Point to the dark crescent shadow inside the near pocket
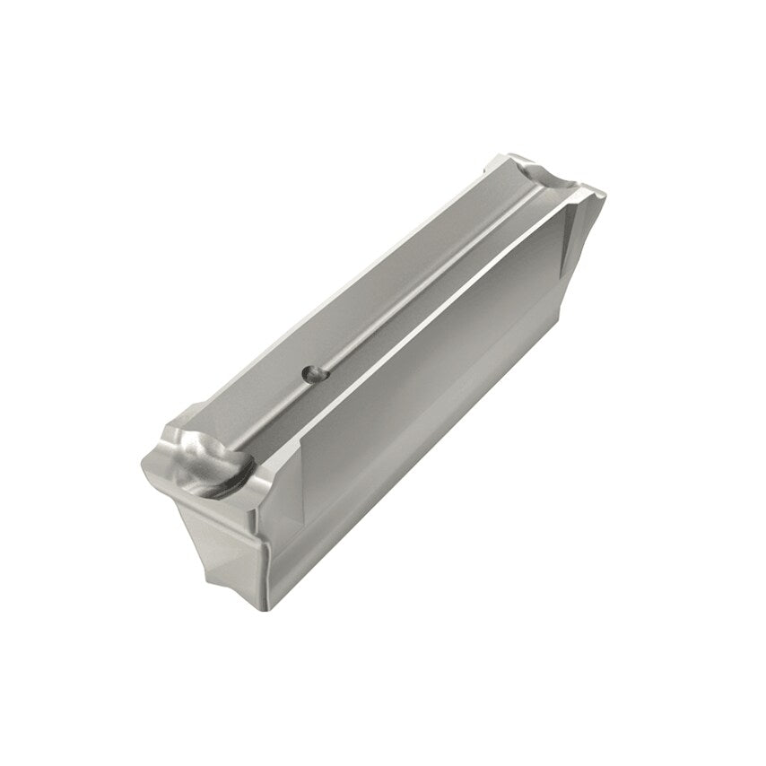click(222, 481)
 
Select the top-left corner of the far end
click(492, 160)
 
